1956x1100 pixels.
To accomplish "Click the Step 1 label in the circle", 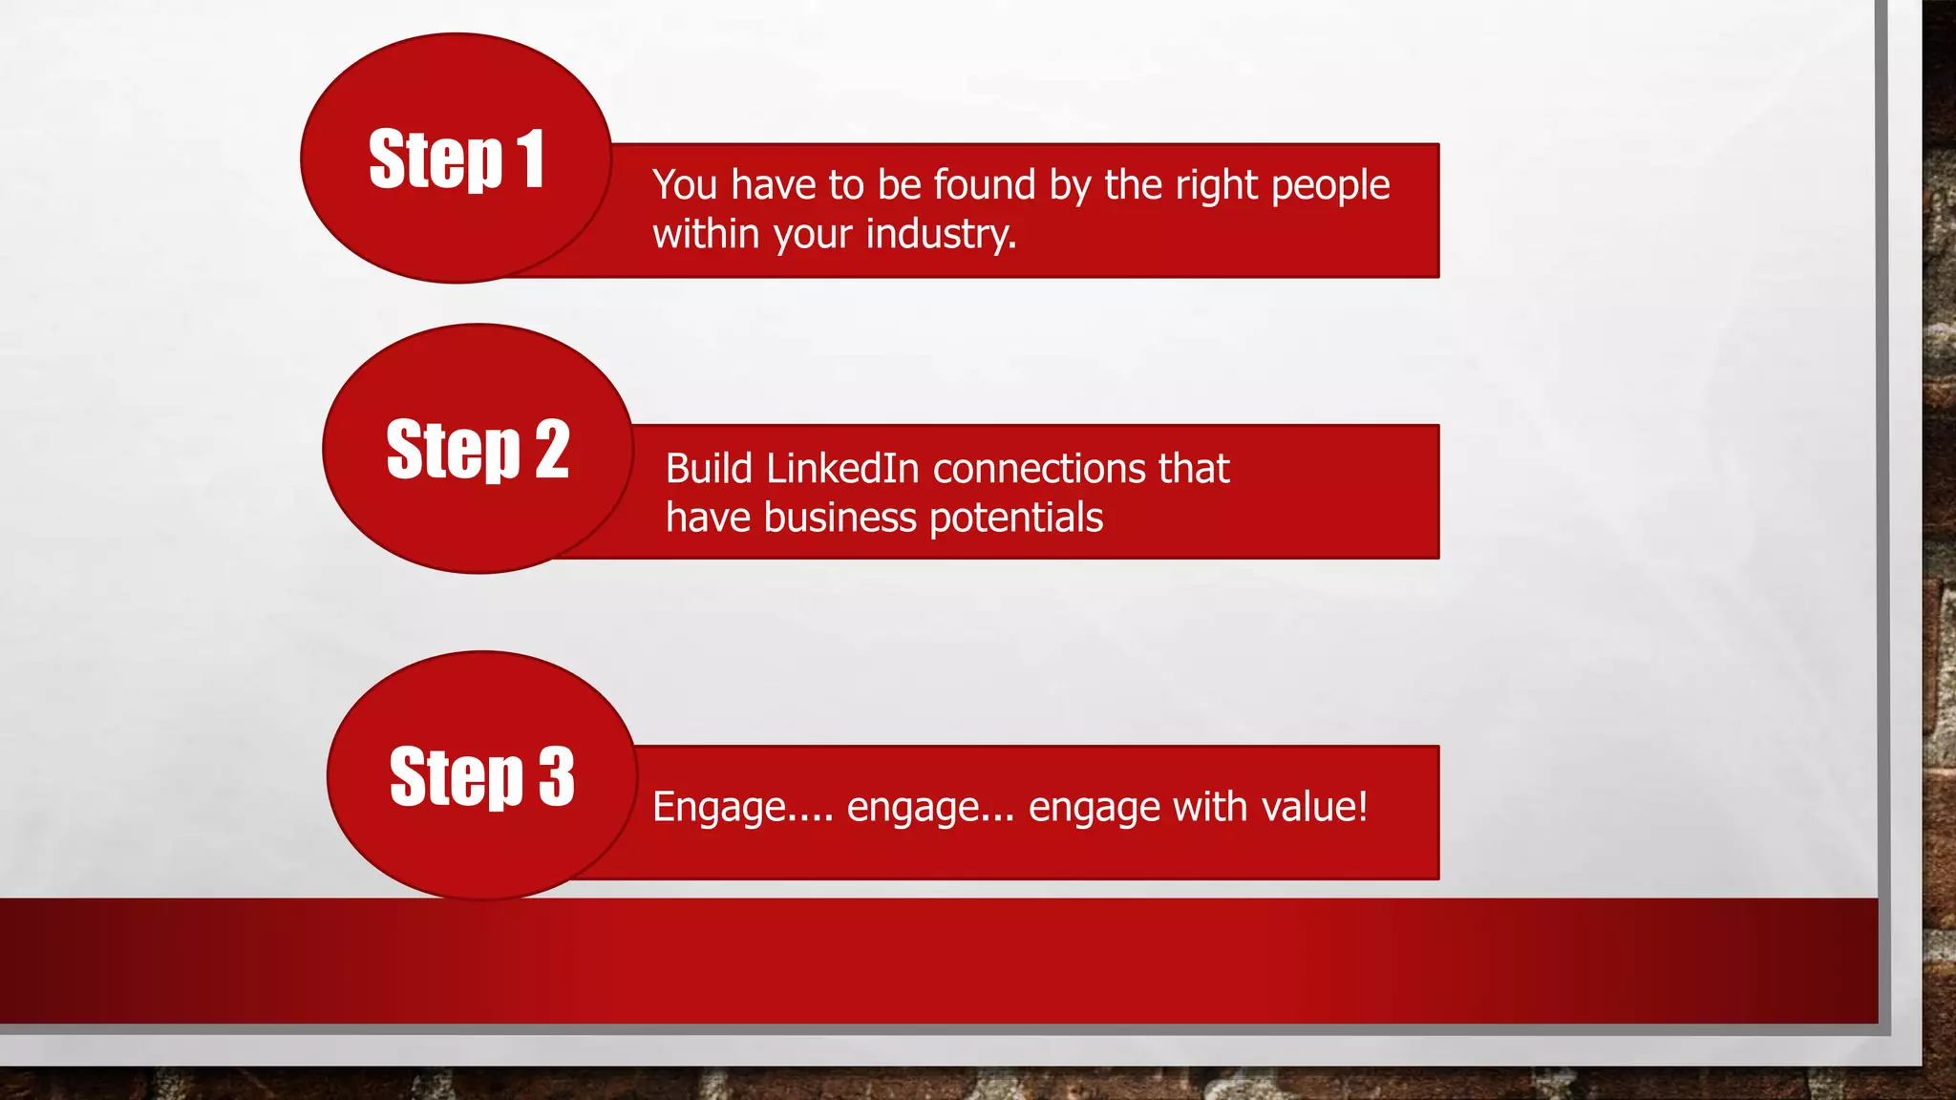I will click(x=456, y=159).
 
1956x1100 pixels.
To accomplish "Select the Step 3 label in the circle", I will click(x=481, y=776).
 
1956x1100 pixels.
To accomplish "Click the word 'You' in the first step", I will click(x=684, y=184).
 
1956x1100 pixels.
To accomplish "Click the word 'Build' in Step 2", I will click(x=709, y=469).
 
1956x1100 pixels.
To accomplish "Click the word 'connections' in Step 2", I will click(x=1038, y=469).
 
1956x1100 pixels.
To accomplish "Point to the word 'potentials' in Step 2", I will click(x=1015, y=518).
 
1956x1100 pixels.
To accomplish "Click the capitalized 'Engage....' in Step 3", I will click(x=742, y=808).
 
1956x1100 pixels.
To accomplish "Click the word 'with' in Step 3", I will click(x=1210, y=807).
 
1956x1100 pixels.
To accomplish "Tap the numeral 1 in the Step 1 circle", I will click(x=530, y=159).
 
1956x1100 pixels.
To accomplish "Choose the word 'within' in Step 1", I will click(x=705, y=234).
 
